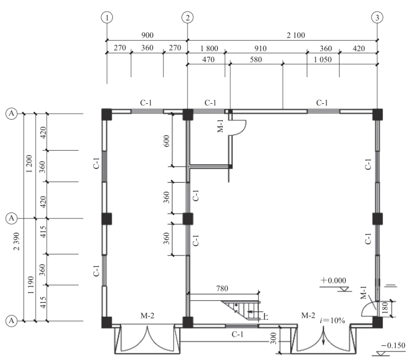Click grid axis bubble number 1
pos(107,18)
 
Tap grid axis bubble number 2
pos(188,18)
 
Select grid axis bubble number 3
pos(377,18)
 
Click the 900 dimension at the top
pos(148,35)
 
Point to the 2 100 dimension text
pos(296,35)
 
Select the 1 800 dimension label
pos(209,49)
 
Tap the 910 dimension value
pos(261,49)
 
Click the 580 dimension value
pos(256,59)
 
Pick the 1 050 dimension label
pos(323,59)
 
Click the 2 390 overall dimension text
pos(17,241)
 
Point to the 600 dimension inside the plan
pos(166,141)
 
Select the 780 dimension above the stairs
pos(222,288)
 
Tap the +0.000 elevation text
pos(333,280)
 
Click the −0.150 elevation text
pos(393,346)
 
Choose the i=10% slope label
pos(332,320)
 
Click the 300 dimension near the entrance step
pos(273,338)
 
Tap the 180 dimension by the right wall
pos(385,308)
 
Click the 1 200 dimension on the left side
pos(29,164)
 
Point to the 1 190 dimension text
pos(30,285)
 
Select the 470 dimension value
pos(208,59)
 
